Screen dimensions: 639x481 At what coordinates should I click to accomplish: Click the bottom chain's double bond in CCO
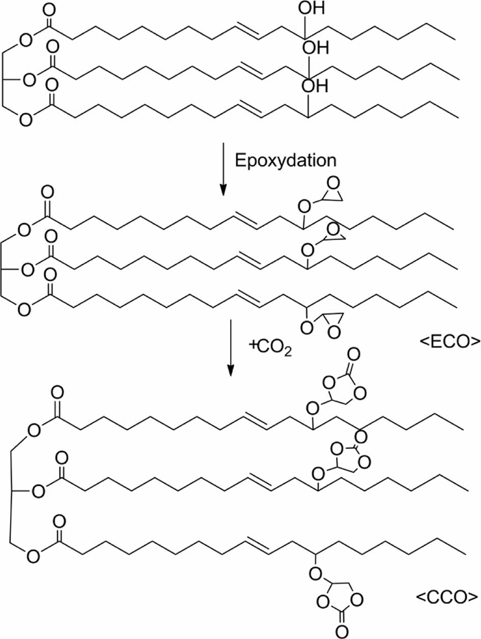tap(260, 545)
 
